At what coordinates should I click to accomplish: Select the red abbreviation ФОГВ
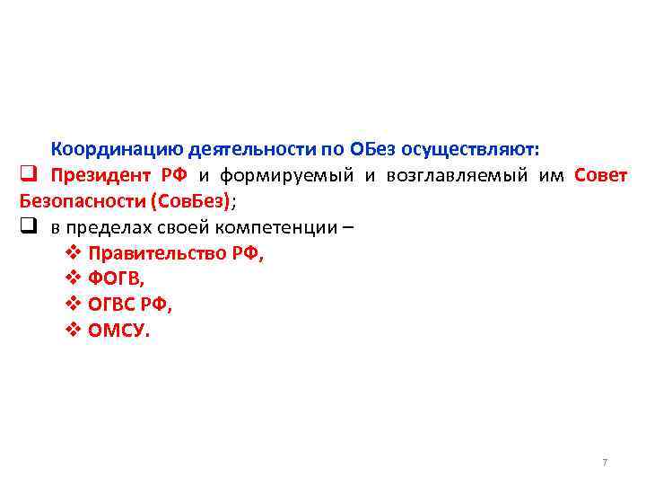[x=116, y=278]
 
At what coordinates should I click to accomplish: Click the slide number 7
[x=605, y=463]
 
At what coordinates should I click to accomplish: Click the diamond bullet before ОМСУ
[x=74, y=331]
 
